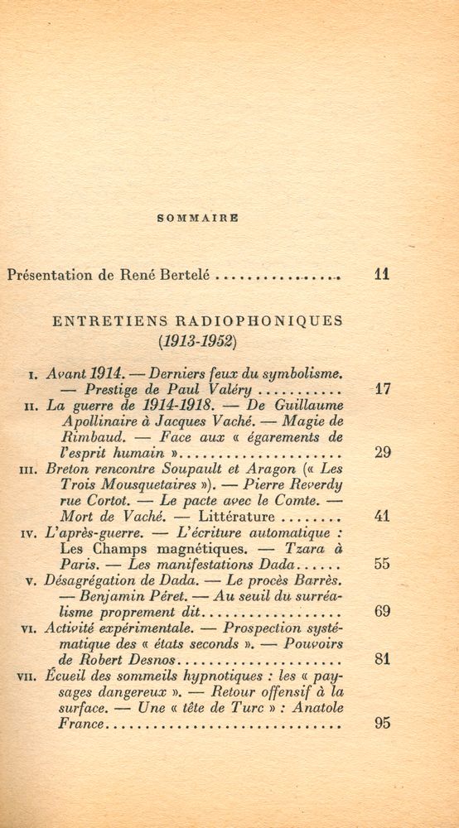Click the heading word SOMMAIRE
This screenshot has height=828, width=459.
point(197,219)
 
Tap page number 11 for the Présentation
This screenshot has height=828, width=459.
point(382,275)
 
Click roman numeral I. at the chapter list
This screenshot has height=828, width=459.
point(31,375)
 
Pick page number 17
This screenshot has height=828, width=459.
point(382,388)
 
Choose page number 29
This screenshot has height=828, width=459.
point(382,452)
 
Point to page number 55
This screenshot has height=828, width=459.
point(382,564)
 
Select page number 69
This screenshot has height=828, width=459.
point(382,612)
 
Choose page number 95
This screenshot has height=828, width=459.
point(382,723)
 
